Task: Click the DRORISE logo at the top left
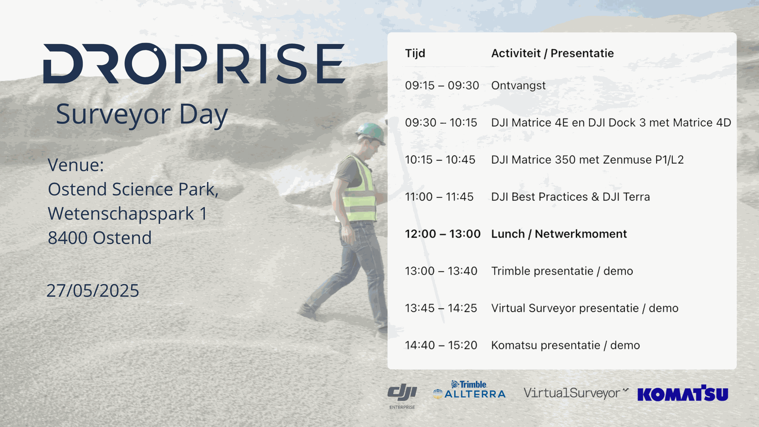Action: point(194,63)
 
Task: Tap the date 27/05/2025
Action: point(93,291)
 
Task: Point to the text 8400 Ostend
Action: point(100,238)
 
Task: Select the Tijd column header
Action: point(415,53)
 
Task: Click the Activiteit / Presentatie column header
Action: point(552,53)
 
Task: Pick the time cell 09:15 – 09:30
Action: point(442,85)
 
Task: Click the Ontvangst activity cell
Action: point(518,86)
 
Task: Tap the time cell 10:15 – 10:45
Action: point(440,160)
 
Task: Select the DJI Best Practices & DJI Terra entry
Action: point(570,197)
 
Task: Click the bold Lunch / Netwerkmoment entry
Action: point(559,234)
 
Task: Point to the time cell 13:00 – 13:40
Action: point(441,271)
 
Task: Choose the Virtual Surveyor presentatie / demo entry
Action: point(585,308)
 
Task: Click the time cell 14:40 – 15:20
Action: point(441,346)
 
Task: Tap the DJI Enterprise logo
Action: point(402,396)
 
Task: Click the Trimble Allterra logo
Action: point(469,390)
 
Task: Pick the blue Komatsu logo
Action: point(683,393)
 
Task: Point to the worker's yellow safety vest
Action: point(358,189)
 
